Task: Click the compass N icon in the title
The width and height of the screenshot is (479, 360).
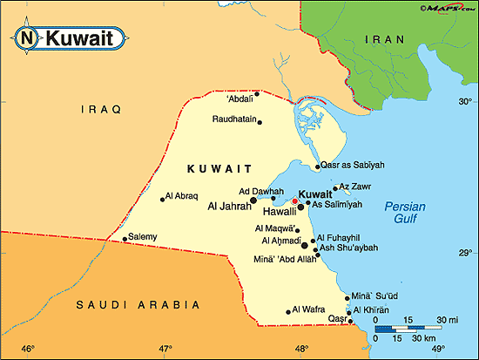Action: click(27, 37)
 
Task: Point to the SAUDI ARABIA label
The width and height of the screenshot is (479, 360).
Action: click(138, 304)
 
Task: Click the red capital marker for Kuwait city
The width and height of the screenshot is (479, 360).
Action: click(296, 200)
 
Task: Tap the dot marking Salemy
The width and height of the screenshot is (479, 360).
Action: click(125, 238)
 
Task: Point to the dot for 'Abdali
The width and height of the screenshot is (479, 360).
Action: click(258, 93)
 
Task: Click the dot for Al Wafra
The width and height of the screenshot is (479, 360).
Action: click(289, 312)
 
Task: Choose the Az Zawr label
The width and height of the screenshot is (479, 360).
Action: click(355, 186)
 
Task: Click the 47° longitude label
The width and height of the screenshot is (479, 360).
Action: click(165, 349)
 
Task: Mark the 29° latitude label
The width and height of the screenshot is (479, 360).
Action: click(465, 252)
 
